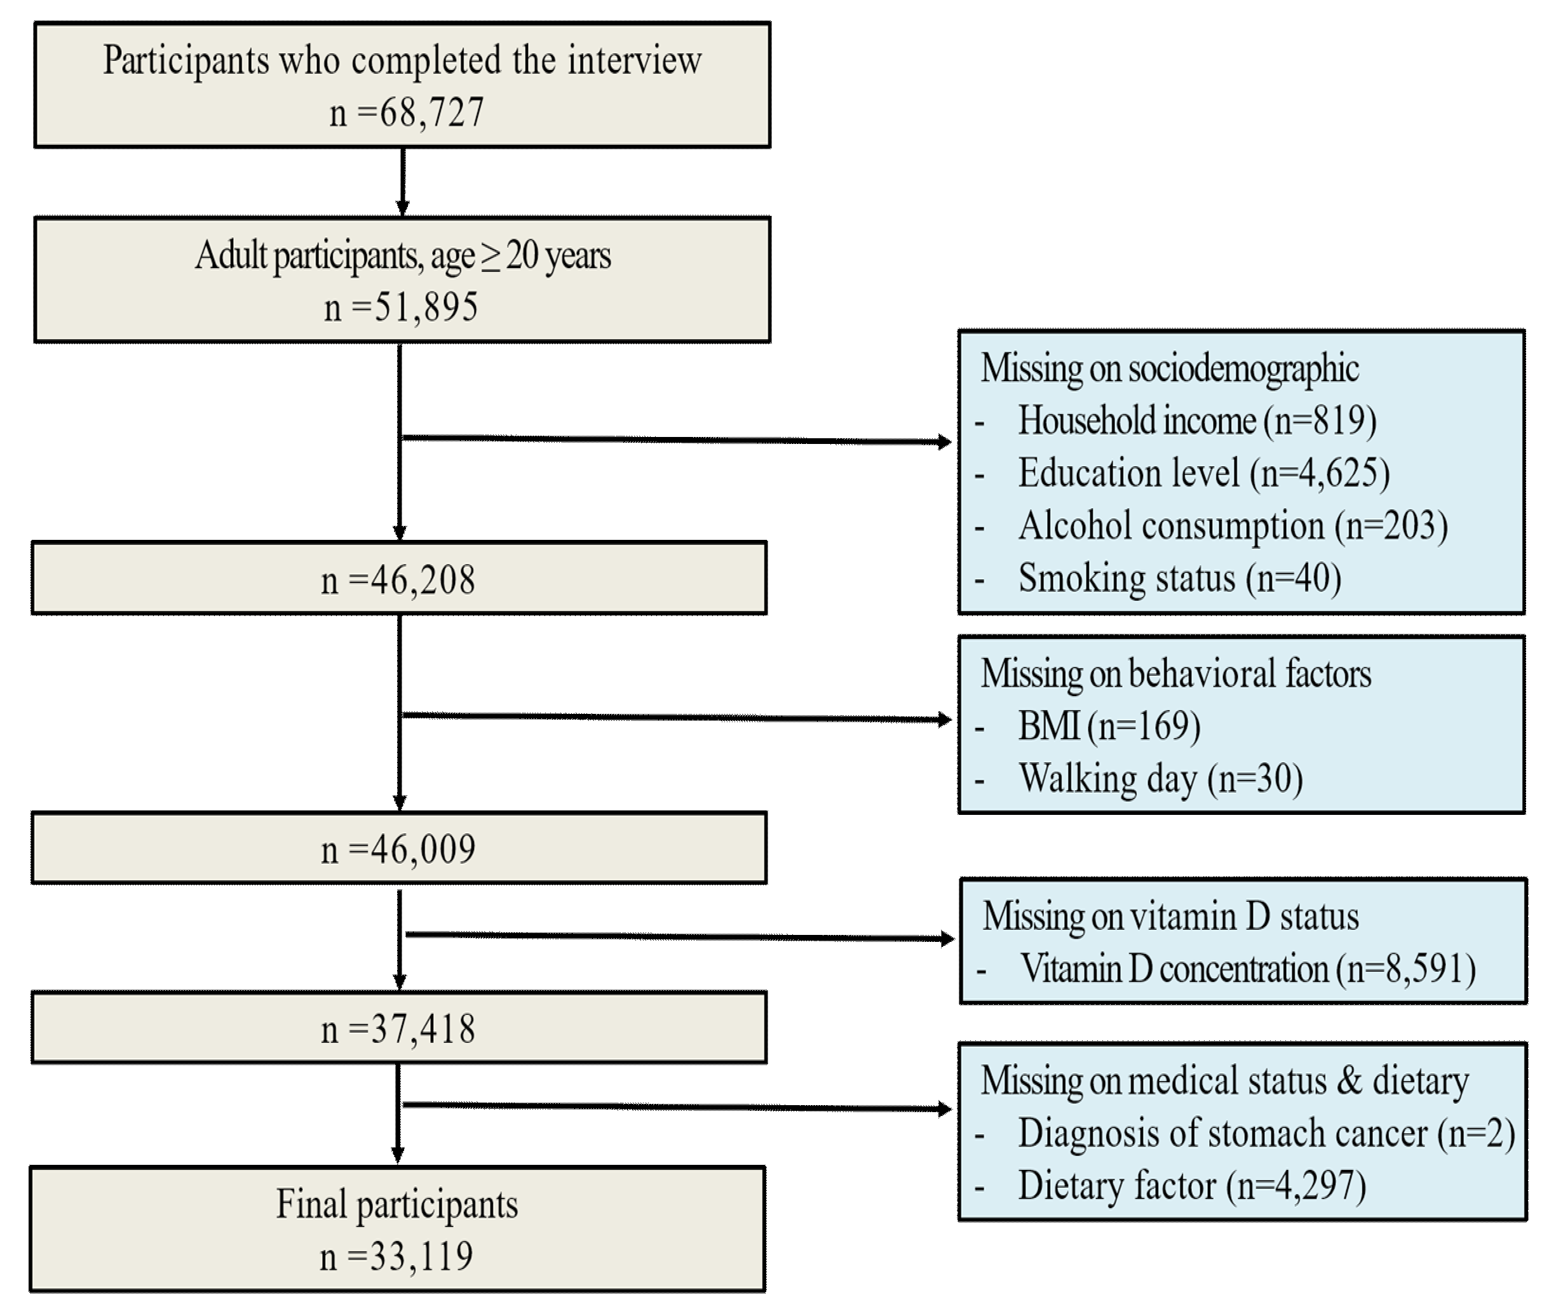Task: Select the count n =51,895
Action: tap(401, 307)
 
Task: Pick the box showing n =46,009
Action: tap(398, 849)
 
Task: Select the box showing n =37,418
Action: tap(398, 1029)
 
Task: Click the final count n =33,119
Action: tap(397, 1256)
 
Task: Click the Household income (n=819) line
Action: tap(1197, 420)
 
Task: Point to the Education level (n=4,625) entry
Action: tap(1204, 473)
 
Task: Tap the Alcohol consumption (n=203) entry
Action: tap(1233, 525)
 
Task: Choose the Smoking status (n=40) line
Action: tap(1179, 578)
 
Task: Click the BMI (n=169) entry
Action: tap(1109, 725)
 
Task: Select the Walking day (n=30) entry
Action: tap(1160, 778)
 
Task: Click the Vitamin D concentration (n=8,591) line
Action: tap(1247, 969)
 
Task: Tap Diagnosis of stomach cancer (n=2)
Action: tap(1266, 1132)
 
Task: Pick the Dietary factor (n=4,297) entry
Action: tap(1192, 1185)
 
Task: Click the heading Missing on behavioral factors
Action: tap(1175, 674)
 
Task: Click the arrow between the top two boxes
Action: tap(403, 181)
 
